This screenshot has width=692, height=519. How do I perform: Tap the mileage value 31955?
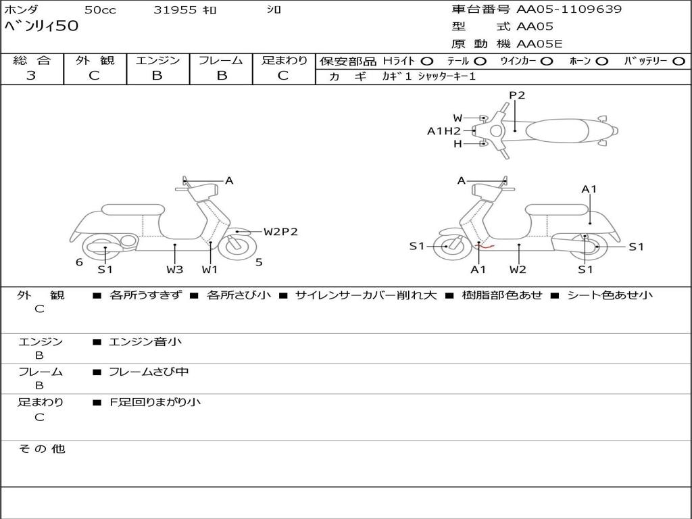[175, 10]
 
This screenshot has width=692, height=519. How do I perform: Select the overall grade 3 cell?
[31, 76]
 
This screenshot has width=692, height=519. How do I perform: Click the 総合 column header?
[32, 60]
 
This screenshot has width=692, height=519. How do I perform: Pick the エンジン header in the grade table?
[157, 60]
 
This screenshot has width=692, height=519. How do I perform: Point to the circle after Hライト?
[426, 61]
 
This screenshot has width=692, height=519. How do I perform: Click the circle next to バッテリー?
[678, 61]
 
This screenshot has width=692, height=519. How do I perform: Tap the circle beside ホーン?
[601, 61]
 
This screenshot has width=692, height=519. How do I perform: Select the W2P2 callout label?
[280, 232]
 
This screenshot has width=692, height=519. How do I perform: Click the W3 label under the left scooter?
[175, 270]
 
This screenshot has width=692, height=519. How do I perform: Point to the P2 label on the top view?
[517, 95]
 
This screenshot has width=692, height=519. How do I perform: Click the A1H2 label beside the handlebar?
[443, 131]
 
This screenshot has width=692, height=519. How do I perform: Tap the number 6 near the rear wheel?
[79, 262]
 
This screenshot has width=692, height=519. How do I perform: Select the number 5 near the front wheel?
[259, 262]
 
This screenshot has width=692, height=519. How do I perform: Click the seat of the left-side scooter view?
[133, 209]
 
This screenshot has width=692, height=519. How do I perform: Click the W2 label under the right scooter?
[518, 270]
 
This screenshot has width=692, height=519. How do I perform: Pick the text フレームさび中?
[149, 372]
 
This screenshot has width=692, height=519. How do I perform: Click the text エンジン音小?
[145, 342]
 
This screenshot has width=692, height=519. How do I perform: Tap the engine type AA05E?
[539, 45]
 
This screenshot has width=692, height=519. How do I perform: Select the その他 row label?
[42, 449]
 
